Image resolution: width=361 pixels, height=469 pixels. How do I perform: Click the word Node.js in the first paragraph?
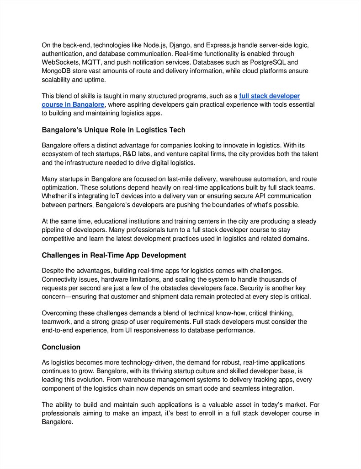click(155, 45)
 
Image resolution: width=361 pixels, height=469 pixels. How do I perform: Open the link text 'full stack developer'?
click(269, 96)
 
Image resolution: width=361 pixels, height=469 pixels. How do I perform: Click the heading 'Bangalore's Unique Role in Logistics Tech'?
click(113, 130)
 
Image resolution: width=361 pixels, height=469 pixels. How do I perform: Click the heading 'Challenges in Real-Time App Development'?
click(114, 255)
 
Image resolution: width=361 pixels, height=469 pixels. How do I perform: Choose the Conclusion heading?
click(61, 347)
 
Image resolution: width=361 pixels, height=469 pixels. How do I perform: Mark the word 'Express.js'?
click(221, 45)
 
